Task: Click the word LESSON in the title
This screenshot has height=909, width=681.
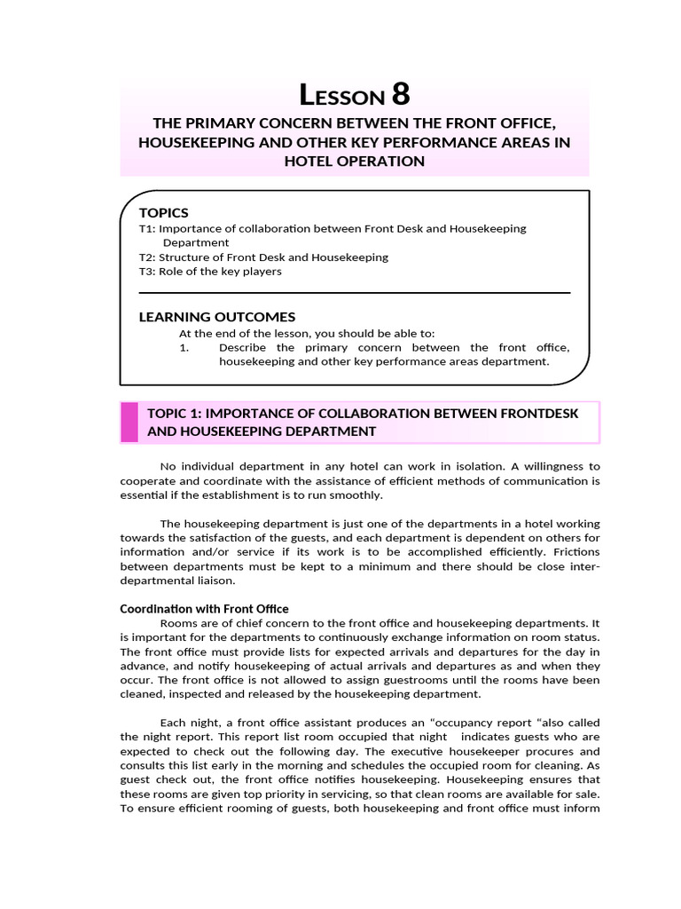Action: (x=341, y=96)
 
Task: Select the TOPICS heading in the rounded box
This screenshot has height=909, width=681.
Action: (x=164, y=212)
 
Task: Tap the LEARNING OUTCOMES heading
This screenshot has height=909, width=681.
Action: (x=217, y=317)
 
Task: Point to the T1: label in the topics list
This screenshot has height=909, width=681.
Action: (x=147, y=228)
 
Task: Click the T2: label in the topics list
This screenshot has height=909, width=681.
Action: (x=147, y=257)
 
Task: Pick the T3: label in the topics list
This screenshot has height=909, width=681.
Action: (x=147, y=272)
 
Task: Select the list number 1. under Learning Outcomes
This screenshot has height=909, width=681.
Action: (x=184, y=347)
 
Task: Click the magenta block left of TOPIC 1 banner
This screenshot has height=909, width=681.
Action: (x=129, y=422)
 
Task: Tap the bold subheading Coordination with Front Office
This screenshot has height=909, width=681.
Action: (x=204, y=609)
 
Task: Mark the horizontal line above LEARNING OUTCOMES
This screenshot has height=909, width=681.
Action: (x=355, y=293)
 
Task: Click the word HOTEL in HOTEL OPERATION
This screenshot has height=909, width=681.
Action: (x=307, y=161)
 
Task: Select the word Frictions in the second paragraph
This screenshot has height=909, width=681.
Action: (x=576, y=552)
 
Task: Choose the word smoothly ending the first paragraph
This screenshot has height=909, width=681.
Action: (x=356, y=494)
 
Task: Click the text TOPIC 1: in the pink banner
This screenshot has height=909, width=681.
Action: (x=175, y=413)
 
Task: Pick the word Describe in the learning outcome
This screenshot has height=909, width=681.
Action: (x=243, y=347)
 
